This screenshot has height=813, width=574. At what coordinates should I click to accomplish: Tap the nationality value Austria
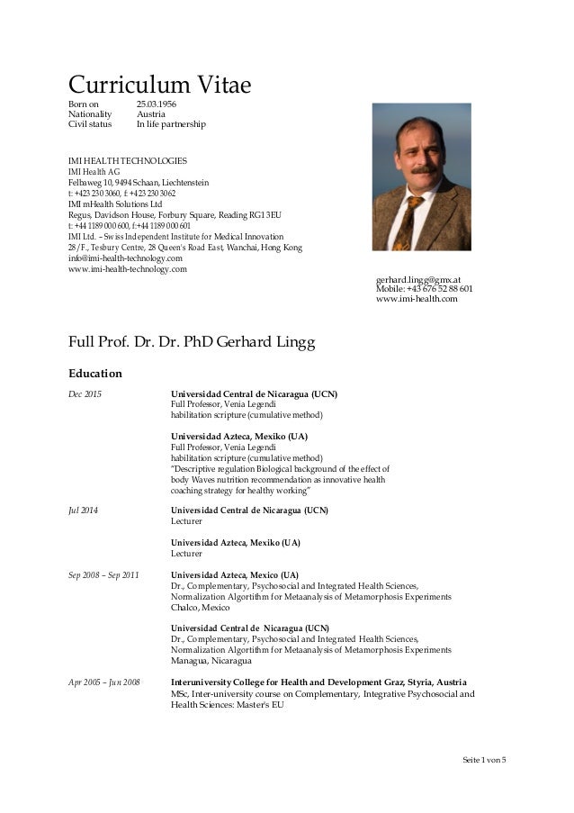(x=148, y=115)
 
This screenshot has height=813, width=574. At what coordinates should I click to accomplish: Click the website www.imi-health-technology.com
(x=128, y=269)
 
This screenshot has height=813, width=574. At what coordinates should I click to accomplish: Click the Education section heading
(x=95, y=373)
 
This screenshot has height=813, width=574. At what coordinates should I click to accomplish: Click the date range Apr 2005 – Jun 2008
(x=104, y=682)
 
